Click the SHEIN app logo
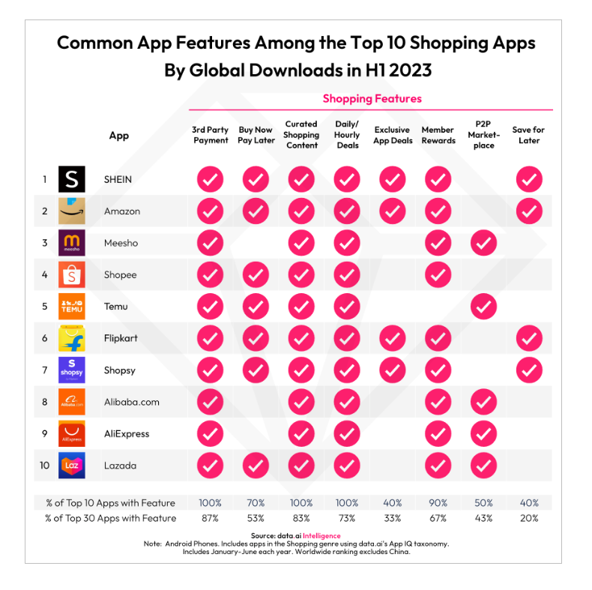tap(72, 179)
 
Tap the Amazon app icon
tap(72, 211)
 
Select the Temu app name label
tap(116, 307)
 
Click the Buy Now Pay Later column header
tap(256, 135)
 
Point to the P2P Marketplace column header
tap(484, 135)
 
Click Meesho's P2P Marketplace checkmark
tap(484, 243)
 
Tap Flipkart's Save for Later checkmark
tap(529, 338)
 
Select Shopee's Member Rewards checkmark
tap(438, 275)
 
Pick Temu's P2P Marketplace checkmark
tap(484, 307)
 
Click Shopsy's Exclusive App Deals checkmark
tap(393, 370)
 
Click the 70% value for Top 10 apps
tap(256, 503)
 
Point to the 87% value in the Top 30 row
tap(211, 518)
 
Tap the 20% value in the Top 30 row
tap(529, 518)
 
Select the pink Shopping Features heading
tap(372, 98)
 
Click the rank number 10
tap(44, 466)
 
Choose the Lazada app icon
tap(72, 466)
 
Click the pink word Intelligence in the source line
tap(321, 536)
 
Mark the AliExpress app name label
tap(127, 434)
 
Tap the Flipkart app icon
tap(72, 338)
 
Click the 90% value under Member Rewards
tap(438, 503)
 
